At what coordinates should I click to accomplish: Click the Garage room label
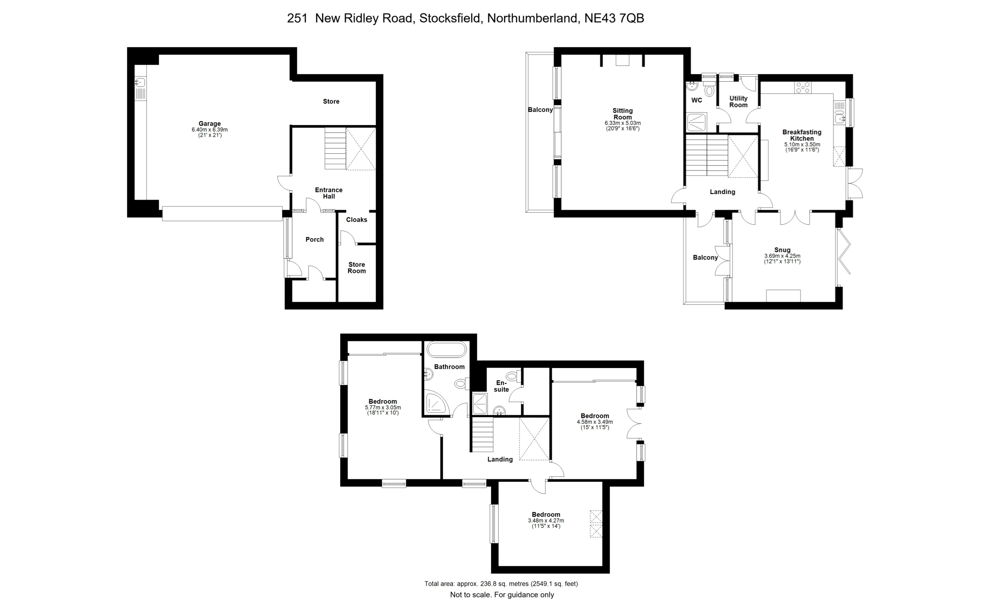point(209,124)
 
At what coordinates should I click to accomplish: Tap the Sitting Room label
point(622,114)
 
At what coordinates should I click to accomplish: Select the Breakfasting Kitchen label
point(802,135)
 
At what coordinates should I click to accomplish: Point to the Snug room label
point(782,250)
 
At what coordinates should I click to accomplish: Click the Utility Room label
point(739,101)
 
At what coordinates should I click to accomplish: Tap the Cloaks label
point(357,220)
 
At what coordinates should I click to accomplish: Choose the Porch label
point(314,239)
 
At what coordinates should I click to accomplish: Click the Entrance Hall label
point(329,193)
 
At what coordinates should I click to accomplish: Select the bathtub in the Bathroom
point(446,349)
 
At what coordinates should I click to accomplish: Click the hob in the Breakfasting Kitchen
point(803,88)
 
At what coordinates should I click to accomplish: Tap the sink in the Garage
point(141,83)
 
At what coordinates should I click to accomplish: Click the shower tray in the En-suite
point(480,404)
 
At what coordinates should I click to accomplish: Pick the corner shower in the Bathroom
point(436,403)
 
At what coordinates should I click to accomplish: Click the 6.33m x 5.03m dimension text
point(622,123)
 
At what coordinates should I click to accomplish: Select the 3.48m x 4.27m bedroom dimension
point(546,521)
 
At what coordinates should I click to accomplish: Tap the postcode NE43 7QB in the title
point(614,18)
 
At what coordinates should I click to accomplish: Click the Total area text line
point(501,583)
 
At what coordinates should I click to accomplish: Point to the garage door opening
point(223,214)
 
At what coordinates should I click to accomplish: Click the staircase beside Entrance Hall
point(335,149)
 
